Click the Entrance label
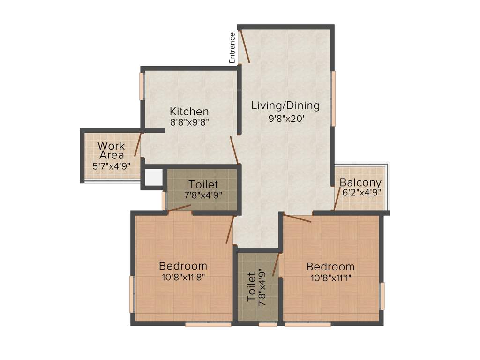232,47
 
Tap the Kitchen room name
189,112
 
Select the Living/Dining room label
285,105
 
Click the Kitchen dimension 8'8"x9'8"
189,122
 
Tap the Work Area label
111,150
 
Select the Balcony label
360,182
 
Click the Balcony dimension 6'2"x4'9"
360,192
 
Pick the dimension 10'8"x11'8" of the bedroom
183,277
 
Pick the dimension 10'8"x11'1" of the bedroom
330,277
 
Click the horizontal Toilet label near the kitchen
203,184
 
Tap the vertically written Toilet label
251,286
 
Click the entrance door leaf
245,46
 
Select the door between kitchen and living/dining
234,150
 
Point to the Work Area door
138,144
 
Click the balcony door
337,198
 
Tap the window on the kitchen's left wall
141,86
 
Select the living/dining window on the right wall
333,98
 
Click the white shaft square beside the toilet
153,177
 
